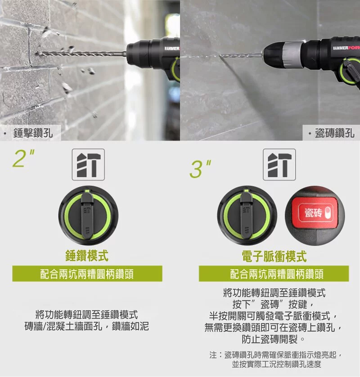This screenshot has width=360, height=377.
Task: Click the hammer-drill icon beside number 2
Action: click(88, 165)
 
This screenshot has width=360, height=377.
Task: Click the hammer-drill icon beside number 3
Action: click(279, 165)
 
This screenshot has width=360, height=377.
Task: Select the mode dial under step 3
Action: click(246, 215)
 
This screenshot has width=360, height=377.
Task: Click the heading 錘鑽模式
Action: click(87, 256)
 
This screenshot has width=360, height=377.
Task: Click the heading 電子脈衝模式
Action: click(274, 256)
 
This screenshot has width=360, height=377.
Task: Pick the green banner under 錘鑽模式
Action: click(87, 274)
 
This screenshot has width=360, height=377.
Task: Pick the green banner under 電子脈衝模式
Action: click(274, 274)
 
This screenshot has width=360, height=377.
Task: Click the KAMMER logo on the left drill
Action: click(171, 48)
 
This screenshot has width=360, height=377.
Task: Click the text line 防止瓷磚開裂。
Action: click(274, 338)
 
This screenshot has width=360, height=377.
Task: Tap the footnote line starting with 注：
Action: click(276, 355)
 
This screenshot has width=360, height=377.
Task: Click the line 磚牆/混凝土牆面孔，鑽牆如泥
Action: click(86, 326)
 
